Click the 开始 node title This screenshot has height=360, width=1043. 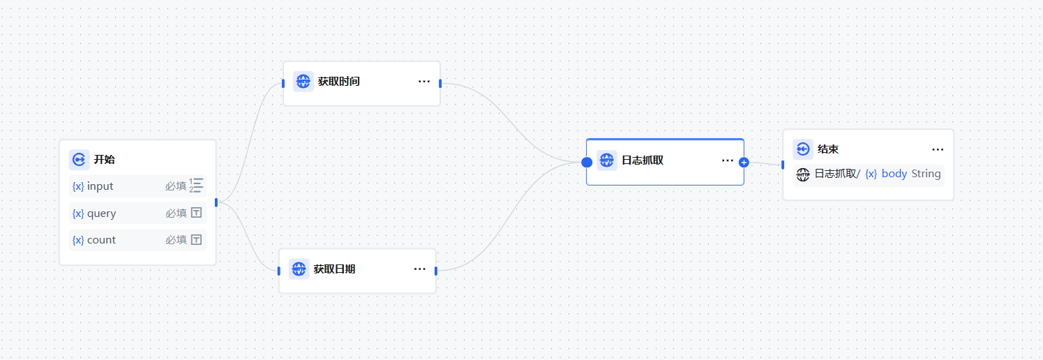(104, 160)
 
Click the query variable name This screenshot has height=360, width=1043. (101, 213)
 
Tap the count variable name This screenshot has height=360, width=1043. (101, 240)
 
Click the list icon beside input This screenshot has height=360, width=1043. (197, 186)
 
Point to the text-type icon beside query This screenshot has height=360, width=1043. (197, 213)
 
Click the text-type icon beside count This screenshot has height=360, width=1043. (197, 240)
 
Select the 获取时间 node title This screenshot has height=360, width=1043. (338, 82)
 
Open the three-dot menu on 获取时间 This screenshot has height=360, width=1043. (424, 82)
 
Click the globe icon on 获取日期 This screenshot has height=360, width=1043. (299, 269)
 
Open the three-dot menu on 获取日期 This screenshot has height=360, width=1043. (420, 269)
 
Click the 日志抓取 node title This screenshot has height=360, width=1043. (642, 160)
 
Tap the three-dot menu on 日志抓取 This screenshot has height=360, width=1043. (728, 160)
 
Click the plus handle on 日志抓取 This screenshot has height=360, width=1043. (744, 162)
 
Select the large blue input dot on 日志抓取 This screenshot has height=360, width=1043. (587, 162)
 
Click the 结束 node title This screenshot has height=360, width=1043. (827, 149)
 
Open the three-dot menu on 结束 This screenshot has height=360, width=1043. (938, 149)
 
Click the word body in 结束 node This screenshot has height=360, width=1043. (894, 174)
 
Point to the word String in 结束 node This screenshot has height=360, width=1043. (926, 174)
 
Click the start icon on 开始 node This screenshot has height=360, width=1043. (79, 160)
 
